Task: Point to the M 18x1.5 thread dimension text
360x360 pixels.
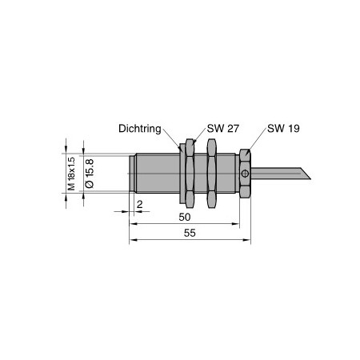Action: coord(70,173)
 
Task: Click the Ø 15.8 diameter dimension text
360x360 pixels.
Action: coord(90,173)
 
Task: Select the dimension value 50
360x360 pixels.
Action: coord(184,217)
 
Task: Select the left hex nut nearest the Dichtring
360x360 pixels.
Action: coord(190,173)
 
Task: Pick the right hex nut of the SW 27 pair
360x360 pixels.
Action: coord(211,173)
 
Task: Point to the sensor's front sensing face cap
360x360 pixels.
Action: coord(132,173)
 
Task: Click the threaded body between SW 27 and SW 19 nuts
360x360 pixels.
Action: coord(227,173)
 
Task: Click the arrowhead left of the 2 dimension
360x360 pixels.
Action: coord(126,211)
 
